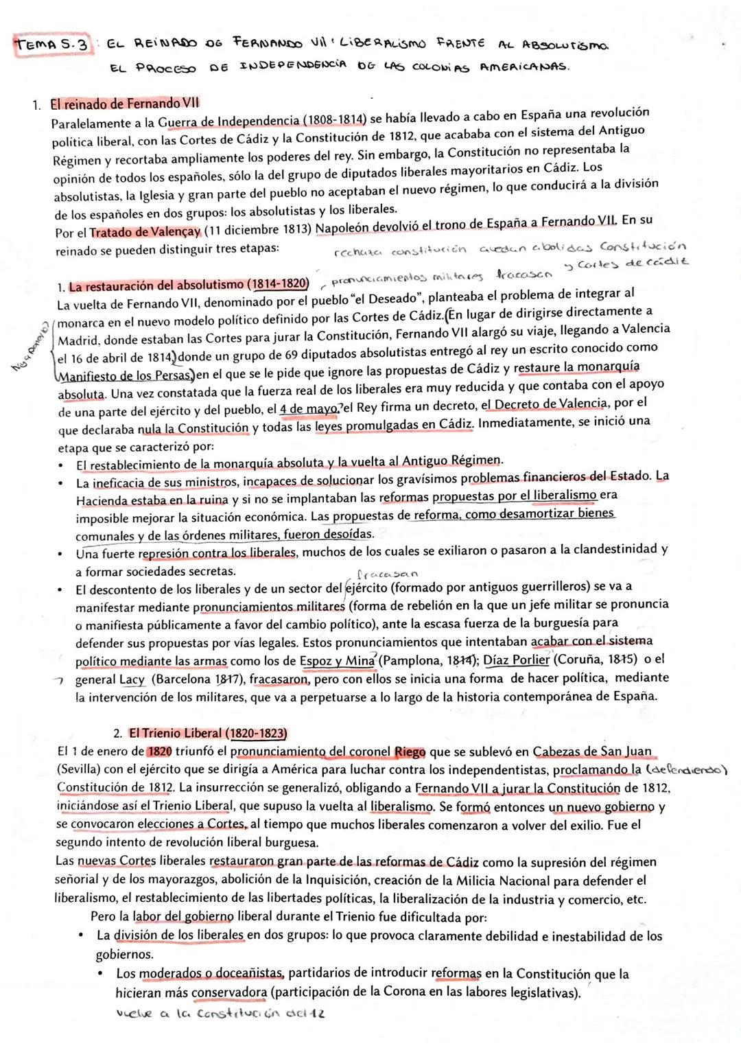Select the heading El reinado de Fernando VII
124,104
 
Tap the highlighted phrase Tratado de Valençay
145,232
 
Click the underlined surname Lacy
132,679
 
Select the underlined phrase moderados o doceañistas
212,974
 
